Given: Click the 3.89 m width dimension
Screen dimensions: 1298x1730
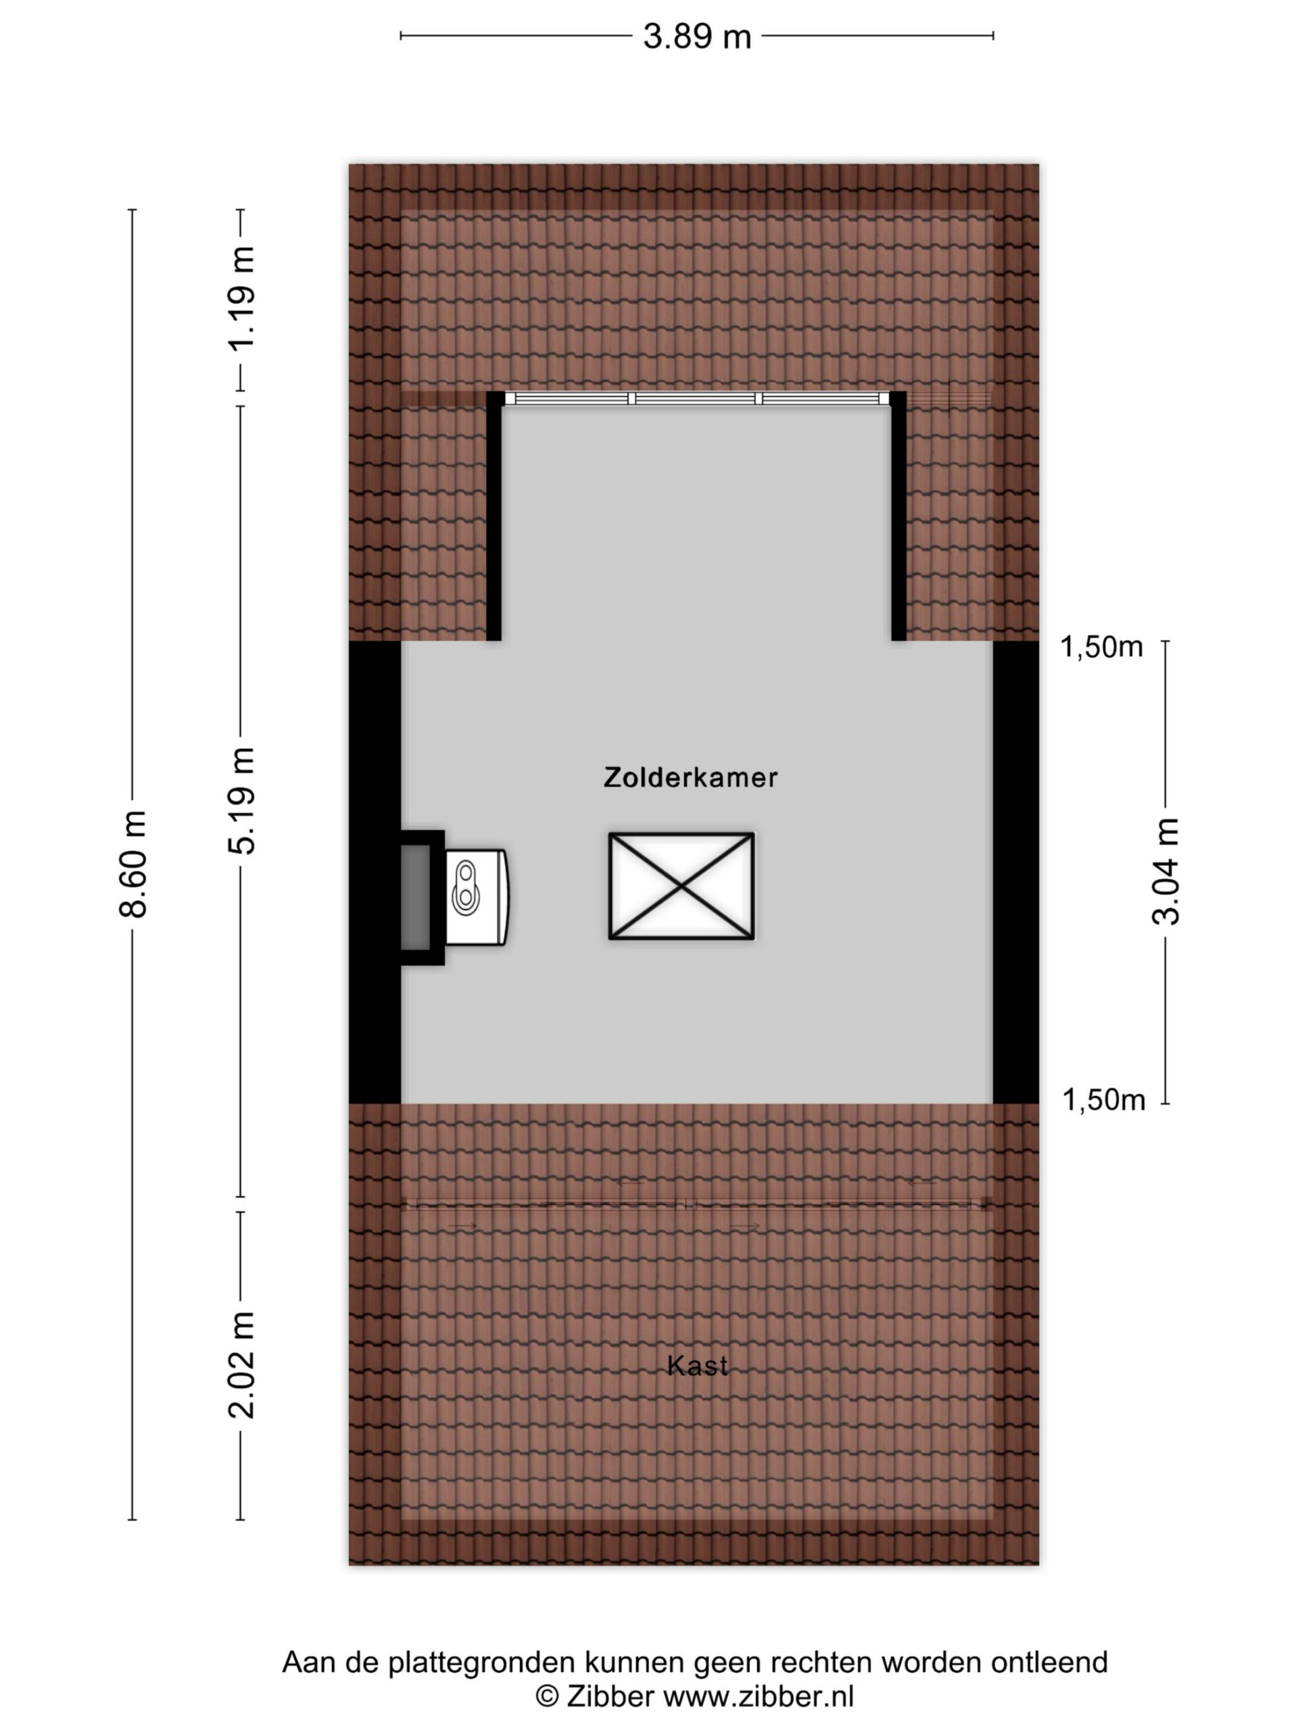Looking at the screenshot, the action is (x=696, y=36).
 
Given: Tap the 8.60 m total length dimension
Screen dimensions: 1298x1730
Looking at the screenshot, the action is (x=134, y=864).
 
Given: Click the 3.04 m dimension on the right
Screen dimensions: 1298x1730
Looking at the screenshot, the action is (x=1165, y=871).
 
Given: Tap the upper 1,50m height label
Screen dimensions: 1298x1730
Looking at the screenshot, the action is (x=1101, y=647).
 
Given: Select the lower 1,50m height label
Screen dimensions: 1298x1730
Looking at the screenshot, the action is (x=1103, y=1099).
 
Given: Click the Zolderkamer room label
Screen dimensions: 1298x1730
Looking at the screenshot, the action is (x=690, y=777).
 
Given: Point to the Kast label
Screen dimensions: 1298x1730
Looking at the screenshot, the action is (x=697, y=1366).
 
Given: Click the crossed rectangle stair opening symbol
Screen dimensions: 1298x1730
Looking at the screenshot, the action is (x=681, y=886).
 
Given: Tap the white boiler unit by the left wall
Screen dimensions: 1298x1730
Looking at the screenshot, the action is (x=478, y=897).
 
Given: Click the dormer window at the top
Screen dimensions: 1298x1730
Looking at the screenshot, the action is (x=696, y=399).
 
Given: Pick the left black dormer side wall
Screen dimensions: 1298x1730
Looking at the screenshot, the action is (x=494, y=516).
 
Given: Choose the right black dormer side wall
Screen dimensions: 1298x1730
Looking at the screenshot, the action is (x=899, y=516).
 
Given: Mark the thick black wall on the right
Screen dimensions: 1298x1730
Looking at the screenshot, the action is (x=1016, y=872).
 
